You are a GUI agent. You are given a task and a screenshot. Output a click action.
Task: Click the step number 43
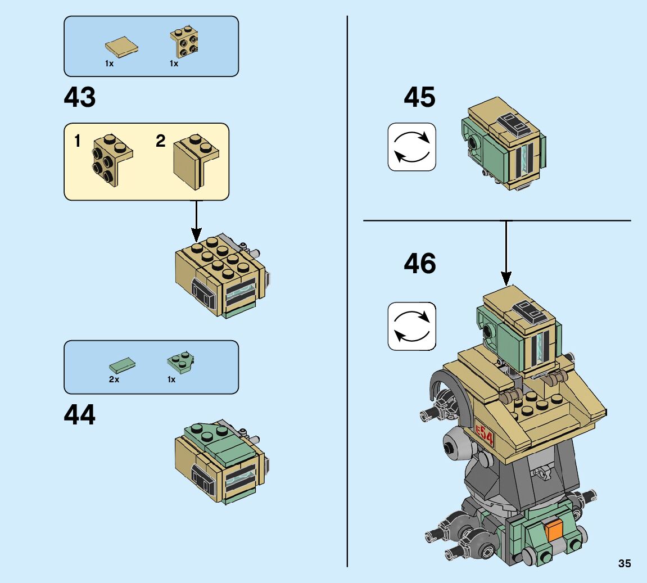click(80, 98)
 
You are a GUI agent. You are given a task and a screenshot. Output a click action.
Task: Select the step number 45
click(419, 98)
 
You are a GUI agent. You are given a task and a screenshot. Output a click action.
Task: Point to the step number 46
click(419, 264)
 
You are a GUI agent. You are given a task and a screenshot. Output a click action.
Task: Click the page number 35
click(624, 563)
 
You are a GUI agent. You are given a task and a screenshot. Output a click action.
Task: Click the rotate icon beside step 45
click(411, 147)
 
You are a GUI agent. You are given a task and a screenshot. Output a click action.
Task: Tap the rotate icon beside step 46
click(411, 326)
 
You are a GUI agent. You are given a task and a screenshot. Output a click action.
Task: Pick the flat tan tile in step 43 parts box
click(121, 46)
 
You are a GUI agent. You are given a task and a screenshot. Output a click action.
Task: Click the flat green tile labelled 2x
click(122, 366)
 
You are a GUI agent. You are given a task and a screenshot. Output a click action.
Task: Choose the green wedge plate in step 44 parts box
click(180, 363)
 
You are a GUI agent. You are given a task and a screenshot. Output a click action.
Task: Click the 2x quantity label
click(114, 379)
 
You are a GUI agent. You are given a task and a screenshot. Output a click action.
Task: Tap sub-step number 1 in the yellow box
click(78, 142)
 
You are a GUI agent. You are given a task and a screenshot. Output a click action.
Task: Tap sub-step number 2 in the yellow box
click(161, 141)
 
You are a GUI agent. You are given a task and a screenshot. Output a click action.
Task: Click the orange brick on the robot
click(554, 530)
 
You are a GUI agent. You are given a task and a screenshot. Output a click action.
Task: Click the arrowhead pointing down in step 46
click(506, 277)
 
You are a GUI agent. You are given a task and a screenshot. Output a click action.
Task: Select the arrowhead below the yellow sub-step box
click(196, 233)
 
